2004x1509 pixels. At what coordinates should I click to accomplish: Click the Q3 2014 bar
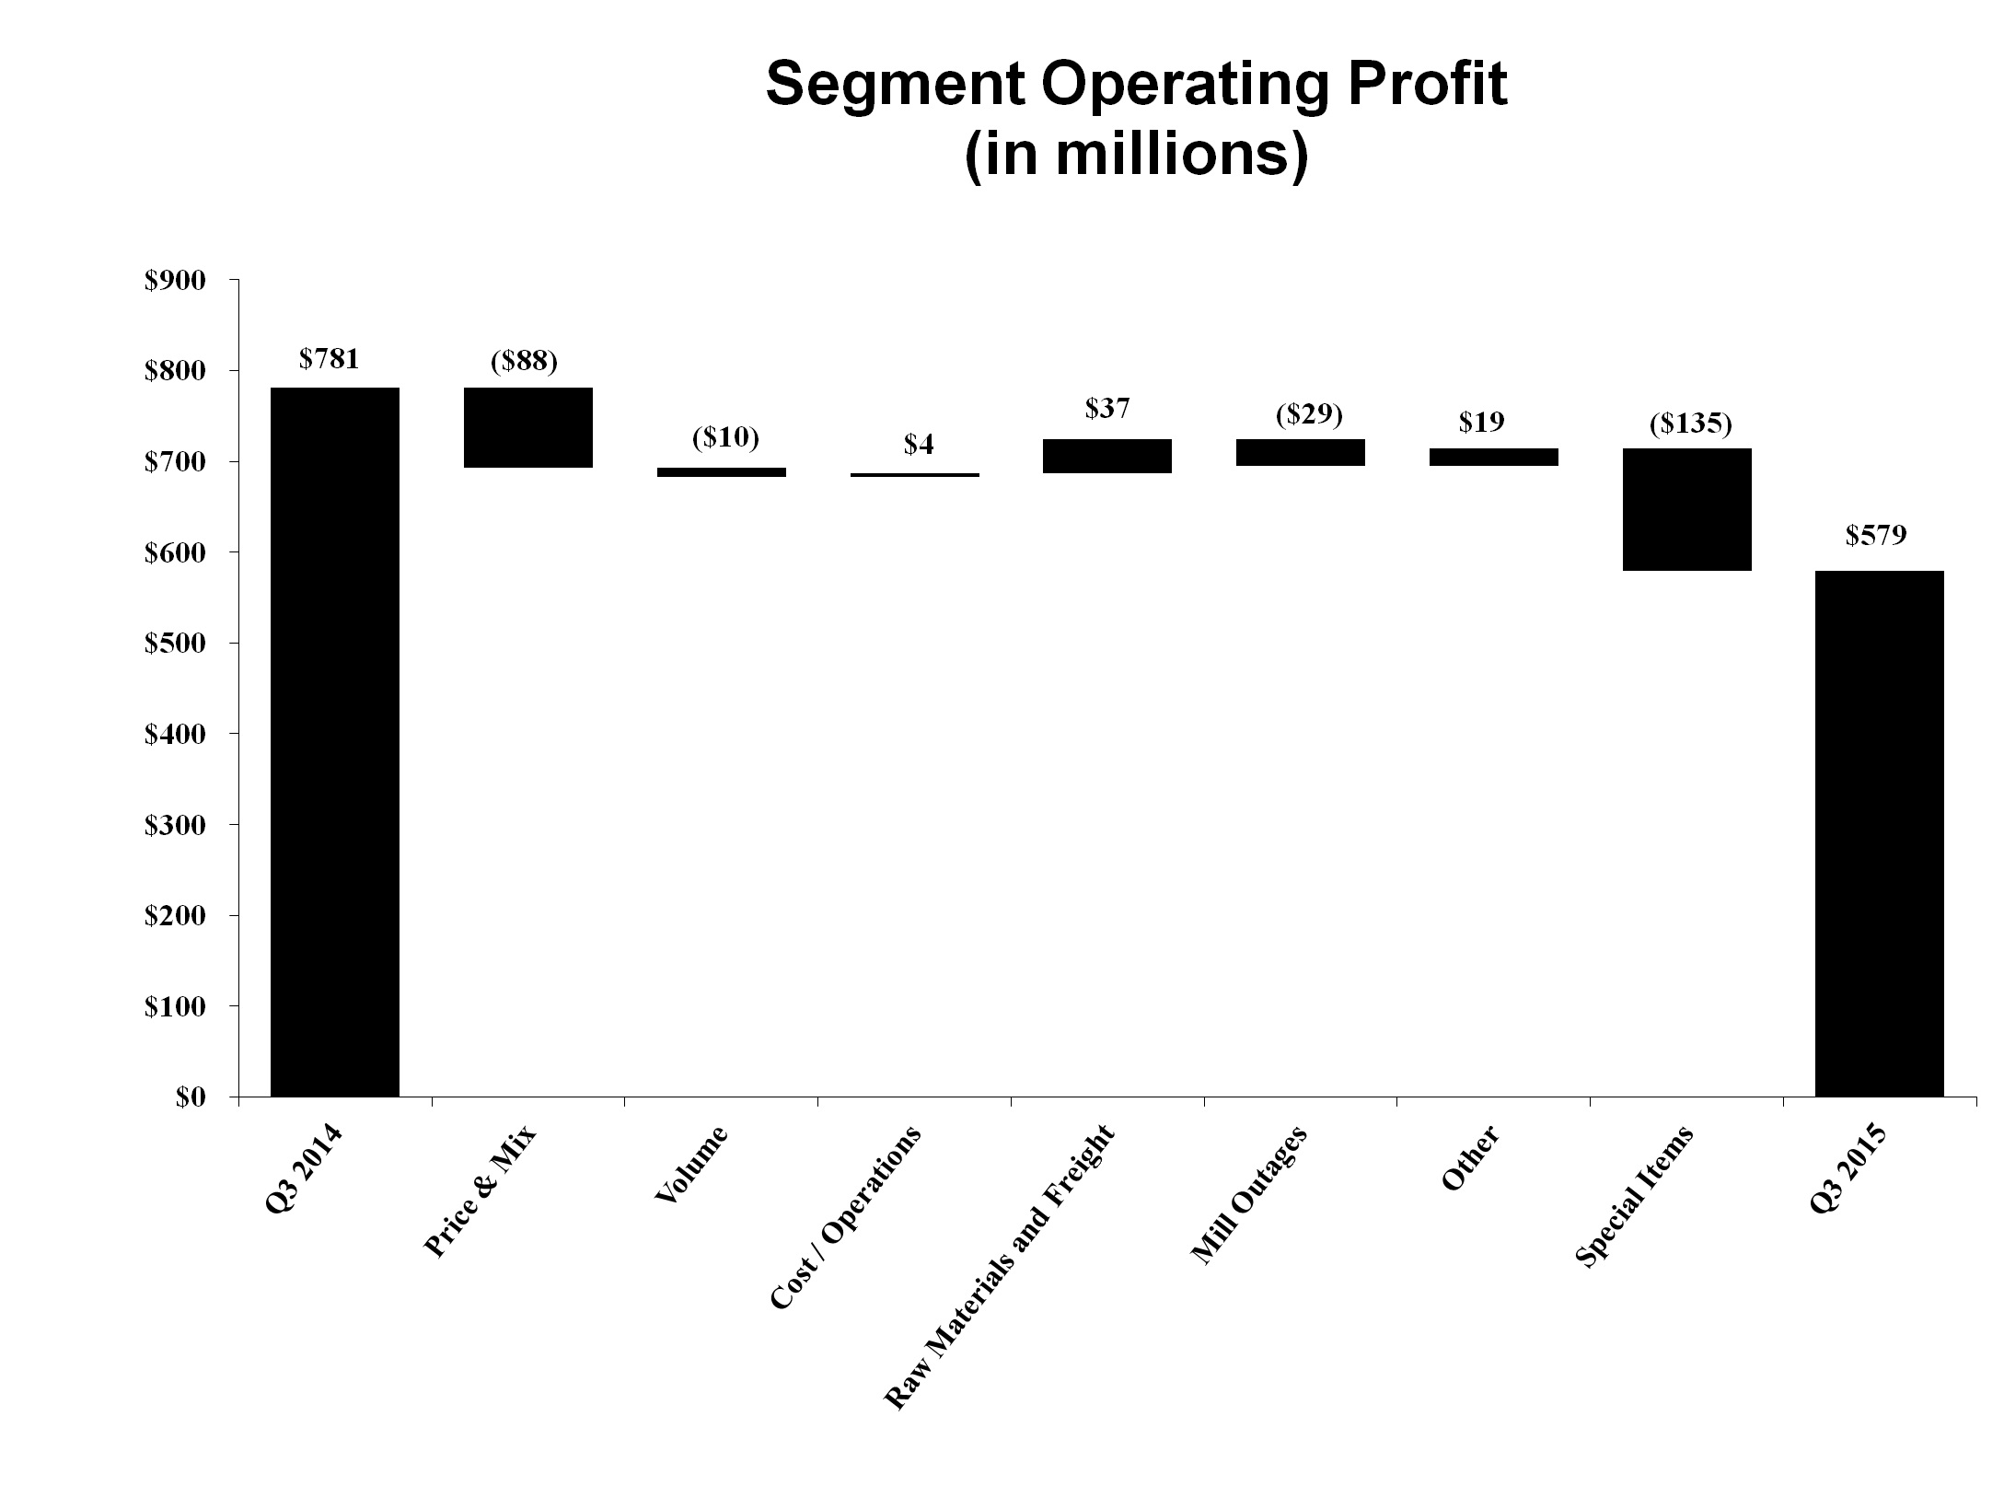(334, 741)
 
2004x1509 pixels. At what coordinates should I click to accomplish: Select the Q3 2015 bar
(1879, 833)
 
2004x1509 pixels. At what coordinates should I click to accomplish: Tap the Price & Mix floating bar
(527, 427)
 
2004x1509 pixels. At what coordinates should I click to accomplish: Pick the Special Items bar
(1686, 509)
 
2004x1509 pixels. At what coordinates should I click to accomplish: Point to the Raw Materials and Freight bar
(1106, 456)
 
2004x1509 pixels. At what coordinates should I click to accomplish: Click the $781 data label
(330, 358)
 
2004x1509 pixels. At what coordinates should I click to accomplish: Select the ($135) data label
(1691, 424)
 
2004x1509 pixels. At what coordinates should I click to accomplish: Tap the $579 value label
(1876, 535)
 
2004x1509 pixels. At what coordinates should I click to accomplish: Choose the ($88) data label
(524, 360)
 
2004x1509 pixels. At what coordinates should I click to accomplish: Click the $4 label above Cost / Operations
(918, 445)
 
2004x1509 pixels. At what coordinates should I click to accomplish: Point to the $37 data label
(1106, 409)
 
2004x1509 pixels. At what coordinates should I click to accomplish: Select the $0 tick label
(192, 1097)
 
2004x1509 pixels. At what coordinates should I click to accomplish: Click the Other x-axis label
(1471, 1157)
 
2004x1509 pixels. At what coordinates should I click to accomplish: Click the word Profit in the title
(1418, 86)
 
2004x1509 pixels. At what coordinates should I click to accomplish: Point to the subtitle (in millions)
(1136, 155)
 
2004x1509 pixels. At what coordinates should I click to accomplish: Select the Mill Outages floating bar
(1300, 452)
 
